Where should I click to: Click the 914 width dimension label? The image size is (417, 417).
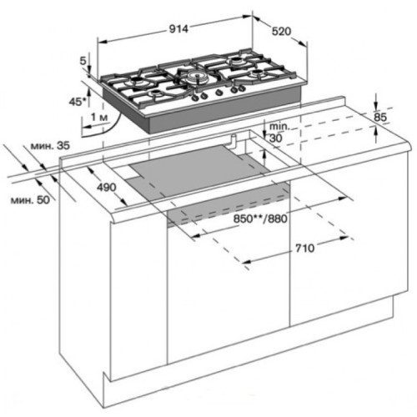tap(180, 28)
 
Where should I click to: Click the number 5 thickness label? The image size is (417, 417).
tap(85, 60)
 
